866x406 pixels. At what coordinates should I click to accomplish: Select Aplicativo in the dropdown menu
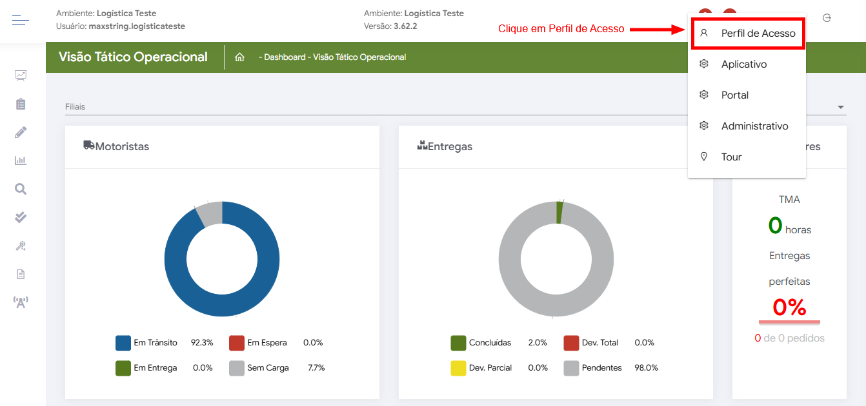click(x=743, y=64)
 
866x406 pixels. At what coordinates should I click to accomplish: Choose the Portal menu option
click(x=734, y=95)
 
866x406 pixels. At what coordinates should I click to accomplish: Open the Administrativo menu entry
click(x=754, y=126)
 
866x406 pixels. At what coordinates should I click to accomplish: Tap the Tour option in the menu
click(x=731, y=157)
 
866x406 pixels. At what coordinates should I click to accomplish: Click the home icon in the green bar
click(x=239, y=57)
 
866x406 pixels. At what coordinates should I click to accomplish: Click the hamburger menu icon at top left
click(x=21, y=21)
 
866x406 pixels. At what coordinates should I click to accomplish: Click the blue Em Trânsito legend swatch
click(x=123, y=343)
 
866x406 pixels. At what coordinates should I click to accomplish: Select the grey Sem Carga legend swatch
click(x=237, y=368)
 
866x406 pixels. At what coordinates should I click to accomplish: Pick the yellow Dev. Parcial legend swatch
click(x=458, y=368)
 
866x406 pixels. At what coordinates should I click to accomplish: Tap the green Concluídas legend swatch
click(x=458, y=343)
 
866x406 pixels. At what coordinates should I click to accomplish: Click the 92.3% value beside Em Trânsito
click(x=202, y=343)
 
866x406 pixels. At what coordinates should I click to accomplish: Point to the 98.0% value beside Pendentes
click(x=647, y=368)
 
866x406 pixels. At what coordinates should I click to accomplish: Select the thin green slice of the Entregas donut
click(x=559, y=212)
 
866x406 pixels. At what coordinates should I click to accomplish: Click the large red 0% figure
click(x=789, y=307)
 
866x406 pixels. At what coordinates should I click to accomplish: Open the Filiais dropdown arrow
click(x=840, y=107)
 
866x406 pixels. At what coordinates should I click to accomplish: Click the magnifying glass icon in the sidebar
click(x=21, y=189)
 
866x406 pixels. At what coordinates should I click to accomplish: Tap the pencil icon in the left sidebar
click(x=21, y=132)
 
